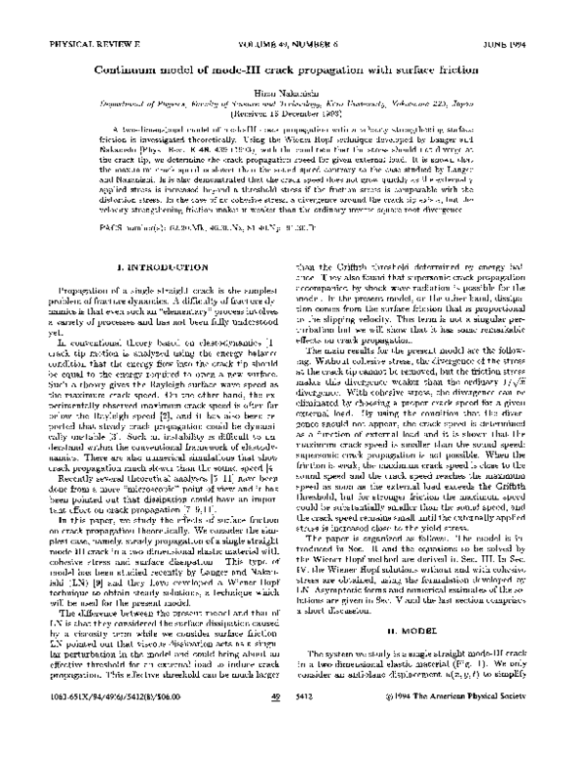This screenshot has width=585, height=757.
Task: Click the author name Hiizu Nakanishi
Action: [x=292, y=100]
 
